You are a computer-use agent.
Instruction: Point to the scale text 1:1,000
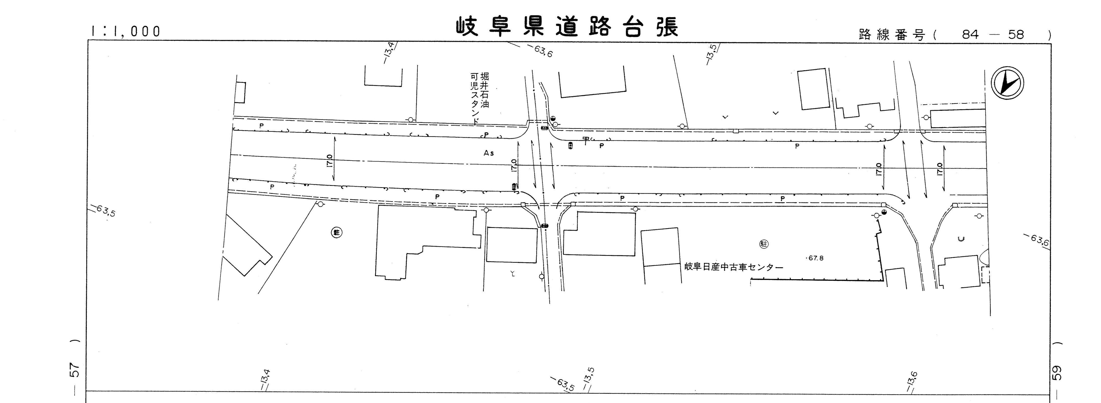[x=126, y=31]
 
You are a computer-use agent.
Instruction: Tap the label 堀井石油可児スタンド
[x=479, y=97]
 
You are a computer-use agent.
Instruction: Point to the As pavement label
[x=489, y=153]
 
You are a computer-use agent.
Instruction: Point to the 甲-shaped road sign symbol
[x=585, y=139]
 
